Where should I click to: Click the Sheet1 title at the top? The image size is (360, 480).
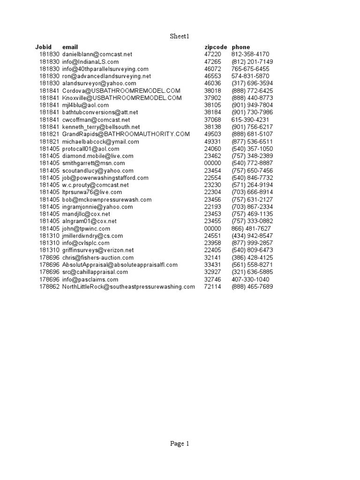pyautogui.click(x=180, y=36)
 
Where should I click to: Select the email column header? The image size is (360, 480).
pyautogui.click(x=70, y=47)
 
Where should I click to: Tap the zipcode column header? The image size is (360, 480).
pyautogui.click(x=216, y=47)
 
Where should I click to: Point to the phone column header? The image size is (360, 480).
pyautogui.click(x=240, y=47)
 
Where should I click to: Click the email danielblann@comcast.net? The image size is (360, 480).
pyautogui.click(x=97, y=54)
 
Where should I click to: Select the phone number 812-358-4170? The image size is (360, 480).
pyautogui.click(x=250, y=54)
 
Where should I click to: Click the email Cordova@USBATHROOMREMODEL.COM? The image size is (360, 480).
pyautogui.click(x=121, y=90)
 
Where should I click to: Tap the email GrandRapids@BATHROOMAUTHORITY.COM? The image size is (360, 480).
pyautogui.click(x=126, y=134)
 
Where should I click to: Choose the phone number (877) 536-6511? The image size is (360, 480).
pyautogui.click(x=252, y=142)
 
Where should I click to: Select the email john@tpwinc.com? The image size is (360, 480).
pyautogui.click(x=86, y=228)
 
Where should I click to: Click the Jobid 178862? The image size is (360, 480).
pyautogui.click(x=49, y=286)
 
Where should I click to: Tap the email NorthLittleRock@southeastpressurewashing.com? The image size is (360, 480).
pyautogui.click(x=128, y=286)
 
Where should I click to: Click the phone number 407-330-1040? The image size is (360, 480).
pyautogui.click(x=250, y=279)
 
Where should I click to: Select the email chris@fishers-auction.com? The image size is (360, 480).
pyautogui.click(x=97, y=257)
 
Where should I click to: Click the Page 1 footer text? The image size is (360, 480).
pyautogui.click(x=180, y=444)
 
